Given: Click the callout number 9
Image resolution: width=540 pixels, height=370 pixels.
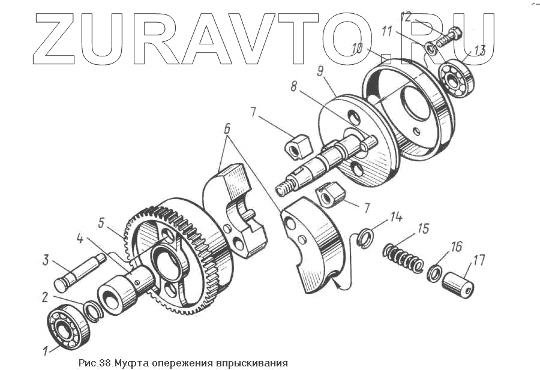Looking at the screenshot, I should (320, 73).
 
